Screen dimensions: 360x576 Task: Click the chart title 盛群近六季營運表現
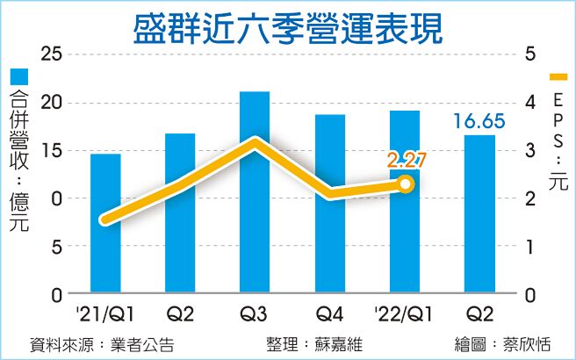click(x=288, y=26)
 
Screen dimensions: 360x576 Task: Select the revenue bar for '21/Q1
click(x=105, y=223)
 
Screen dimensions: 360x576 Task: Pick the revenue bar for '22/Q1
click(x=405, y=201)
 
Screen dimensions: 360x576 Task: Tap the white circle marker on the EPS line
click(x=405, y=184)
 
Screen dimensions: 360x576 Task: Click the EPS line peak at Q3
click(x=255, y=142)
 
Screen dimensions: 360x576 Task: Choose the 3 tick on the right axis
click(x=530, y=151)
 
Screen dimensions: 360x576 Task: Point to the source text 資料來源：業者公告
click(x=101, y=344)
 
